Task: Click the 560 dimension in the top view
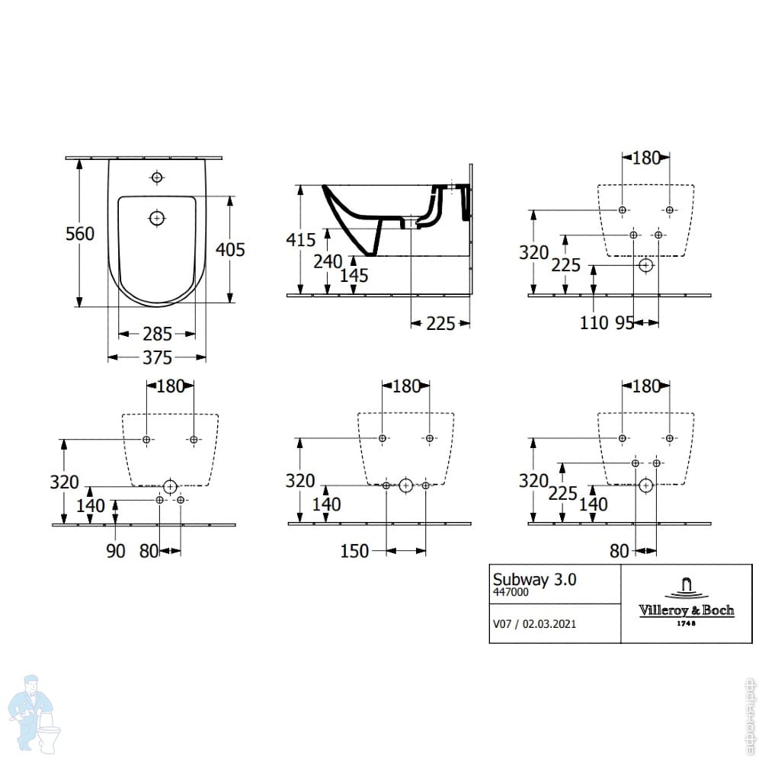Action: pyautogui.click(x=79, y=234)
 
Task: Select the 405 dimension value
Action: pyautogui.click(x=230, y=249)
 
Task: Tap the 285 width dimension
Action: pyautogui.click(x=157, y=334)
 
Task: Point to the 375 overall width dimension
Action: pyautogui.click(x=157, y=357)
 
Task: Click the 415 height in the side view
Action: pyautogui.click(x=300, y=240)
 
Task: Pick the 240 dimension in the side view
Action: pyautogui.click(x=328, y=261)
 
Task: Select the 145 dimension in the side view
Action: pyautogui.click(x=353, y=276)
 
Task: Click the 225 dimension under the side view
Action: pyautogui.click(x=440, y=324)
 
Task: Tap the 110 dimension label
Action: pyautogui.click(x=594, y=323)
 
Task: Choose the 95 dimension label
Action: pyautogui.click(x=624, y=323)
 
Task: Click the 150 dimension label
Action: pyautogui.click(x=355, y=551)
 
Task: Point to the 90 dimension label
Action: pyautogui.click(x=115, y=551)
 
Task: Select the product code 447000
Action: pyautogui.click(x=510, y=591)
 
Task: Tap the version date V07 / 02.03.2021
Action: pyautogui.click(x=534, y=623)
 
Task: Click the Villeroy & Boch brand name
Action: pyautogui.click(x=686, y=610)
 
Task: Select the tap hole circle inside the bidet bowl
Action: pyautogui.click(x=157, y=218)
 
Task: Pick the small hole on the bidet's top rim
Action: pyautogui.click(x=157, y=178)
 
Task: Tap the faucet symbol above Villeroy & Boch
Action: pyautogui.click(x=686, y=587)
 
